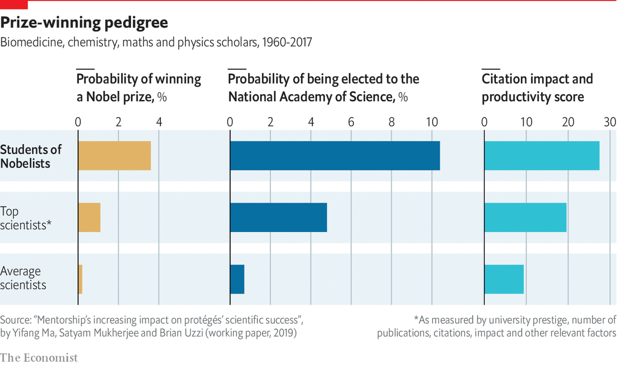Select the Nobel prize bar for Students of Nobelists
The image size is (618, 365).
(x=114, y=156)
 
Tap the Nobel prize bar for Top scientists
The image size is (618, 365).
(x=89, y=218)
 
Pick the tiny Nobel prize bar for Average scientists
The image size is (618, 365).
(x=80, y=279)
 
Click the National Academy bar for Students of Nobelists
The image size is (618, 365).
(x=335, y=156)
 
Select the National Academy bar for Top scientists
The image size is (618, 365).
(x=279, y=218)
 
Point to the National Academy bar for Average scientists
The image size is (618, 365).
(x=237, y=279)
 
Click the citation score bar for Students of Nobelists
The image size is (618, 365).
(x=542, y=156)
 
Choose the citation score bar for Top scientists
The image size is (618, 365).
(x=525, y=218)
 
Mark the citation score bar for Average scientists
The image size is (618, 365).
(x=504, y=279)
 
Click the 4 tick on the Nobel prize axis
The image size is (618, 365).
(x=159, y=122)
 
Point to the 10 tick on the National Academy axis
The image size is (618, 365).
(x=432, y=122)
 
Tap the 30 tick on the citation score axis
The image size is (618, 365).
(x=610, y=122)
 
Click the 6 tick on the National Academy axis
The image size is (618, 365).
(x=351, y=122)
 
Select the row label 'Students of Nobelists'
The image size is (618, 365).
(x=31, y=156)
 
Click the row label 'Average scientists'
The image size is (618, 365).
(x=23, y=278)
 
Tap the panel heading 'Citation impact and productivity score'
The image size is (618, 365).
(x=537, y=88)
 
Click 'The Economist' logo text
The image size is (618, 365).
(x=39, y=357)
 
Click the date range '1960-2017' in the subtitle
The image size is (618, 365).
(x=287, y=42)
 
